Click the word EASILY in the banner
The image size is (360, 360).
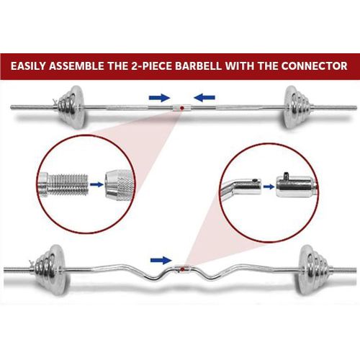click(28, 66)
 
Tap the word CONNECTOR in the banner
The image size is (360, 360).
click(315, 66)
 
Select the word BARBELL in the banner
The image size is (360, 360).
click(198, 66)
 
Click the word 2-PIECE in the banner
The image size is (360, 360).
click(152, 66)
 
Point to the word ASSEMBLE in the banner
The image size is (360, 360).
click(76, 66)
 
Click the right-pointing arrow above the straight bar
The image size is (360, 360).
click(160, 97)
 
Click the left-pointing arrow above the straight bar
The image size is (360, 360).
click(204, 97)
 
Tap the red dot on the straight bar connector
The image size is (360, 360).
click(181, 108)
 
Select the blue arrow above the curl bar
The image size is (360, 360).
click(161, 260)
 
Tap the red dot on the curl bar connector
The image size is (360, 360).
click(183, 269)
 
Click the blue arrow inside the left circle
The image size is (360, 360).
click(96, 184)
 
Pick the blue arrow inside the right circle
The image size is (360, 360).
click(269, 186)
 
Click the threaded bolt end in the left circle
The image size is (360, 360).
click(63, 185)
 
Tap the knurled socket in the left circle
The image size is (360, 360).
click(120, 185)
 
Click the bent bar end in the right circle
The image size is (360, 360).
click(240, 186)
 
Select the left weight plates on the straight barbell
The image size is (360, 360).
click(71, 107)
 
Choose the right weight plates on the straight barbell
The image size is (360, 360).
click(297, 107)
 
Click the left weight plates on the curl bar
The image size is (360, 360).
click(50, 269)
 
